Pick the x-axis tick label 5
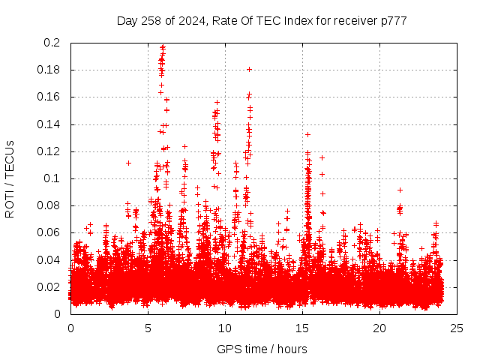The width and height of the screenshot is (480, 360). pos(148,328)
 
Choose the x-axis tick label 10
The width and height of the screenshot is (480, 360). pos(225,328)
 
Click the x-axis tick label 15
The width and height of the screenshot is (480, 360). pos(302,328)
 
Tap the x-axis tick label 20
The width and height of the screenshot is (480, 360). pos(379,328)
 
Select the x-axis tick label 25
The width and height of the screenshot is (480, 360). pos(457,328)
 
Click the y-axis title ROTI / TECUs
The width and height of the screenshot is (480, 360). pos(10,178)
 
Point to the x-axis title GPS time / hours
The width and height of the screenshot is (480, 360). pos(262,349)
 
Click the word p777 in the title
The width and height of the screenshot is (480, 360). pos(393,20)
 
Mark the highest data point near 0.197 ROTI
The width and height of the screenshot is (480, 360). pos(163,46)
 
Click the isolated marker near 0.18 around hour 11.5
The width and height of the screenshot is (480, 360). pos(249,69)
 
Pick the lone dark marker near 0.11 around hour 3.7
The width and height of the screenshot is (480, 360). pos(128,163)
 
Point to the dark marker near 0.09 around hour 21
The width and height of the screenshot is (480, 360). pos(400,190)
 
